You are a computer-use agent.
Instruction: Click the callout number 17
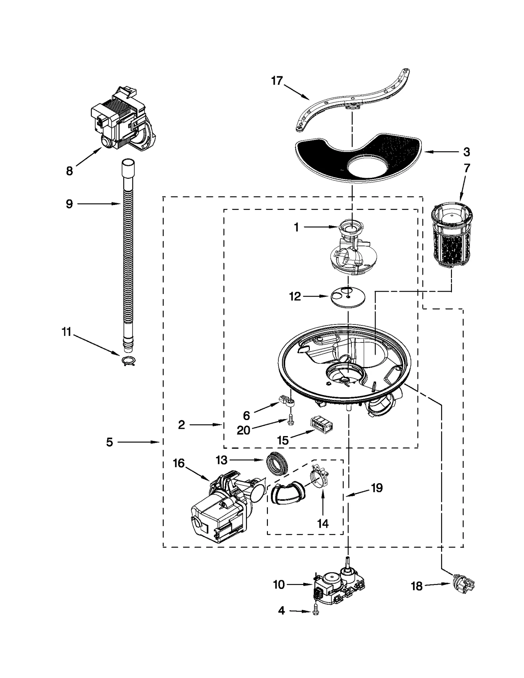click(x=277, y=81)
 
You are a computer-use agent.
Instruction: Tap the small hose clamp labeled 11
click(x=128, y=361)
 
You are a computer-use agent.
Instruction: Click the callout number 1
click(x=296, y=227)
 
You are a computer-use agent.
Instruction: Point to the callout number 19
click(x=377, y=487)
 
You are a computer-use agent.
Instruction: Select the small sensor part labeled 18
click(x=462, y=584)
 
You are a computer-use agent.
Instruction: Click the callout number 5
click(x=109, y=442)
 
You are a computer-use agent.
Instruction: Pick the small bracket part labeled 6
click(x=287, y=401)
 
